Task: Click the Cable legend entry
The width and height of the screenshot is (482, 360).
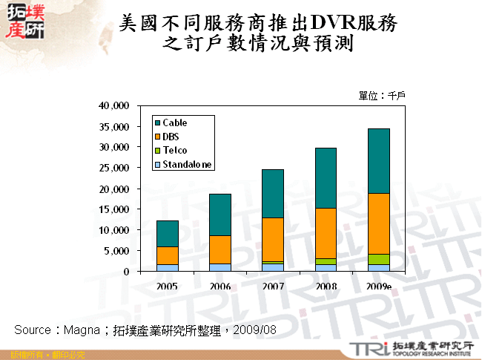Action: coord(175,122)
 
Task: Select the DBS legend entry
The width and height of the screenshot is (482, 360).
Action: coord(171,137)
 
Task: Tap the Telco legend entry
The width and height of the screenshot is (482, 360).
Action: coord(174,151)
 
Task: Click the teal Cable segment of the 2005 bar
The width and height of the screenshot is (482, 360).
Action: coord(167,233)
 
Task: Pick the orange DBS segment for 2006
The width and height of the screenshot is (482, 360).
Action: coord(219,249)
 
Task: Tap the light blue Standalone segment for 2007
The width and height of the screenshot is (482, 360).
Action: coord(272,267)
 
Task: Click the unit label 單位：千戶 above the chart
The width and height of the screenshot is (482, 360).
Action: coord(381,96)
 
